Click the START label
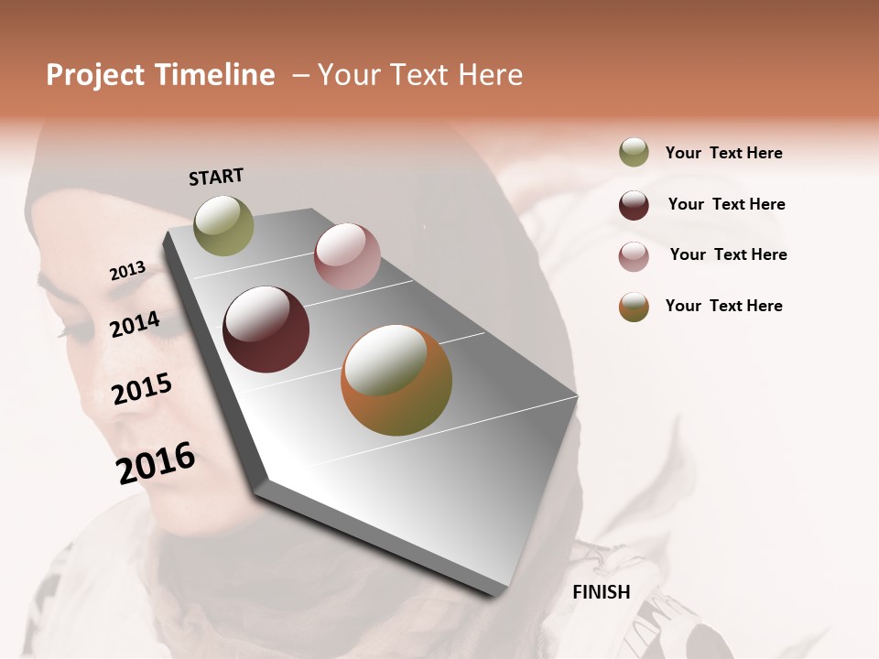[x=216, y=177]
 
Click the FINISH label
[x=602, y=592]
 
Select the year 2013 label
[x=128, y=271]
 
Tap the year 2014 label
[x=135, y=324]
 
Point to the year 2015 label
[x=142, y=389]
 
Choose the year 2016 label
[x=156, y=462]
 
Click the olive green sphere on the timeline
[x=224, y=226]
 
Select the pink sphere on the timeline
[x=347, y=256]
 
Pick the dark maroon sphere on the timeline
[x=266, y=329]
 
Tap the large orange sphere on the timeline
[x=396, y=380]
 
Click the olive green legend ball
[x=634, y=153]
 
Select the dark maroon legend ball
[x=634, y=205]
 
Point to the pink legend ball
[x=634, y=256]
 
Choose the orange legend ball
[x=634, y=307]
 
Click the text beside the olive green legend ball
[x=723, y=153]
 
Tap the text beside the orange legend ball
[x=723, y=306]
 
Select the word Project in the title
[x=95, y=75]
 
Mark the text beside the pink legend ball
[x=728, y=254]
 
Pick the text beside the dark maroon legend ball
[x=726, y=204]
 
